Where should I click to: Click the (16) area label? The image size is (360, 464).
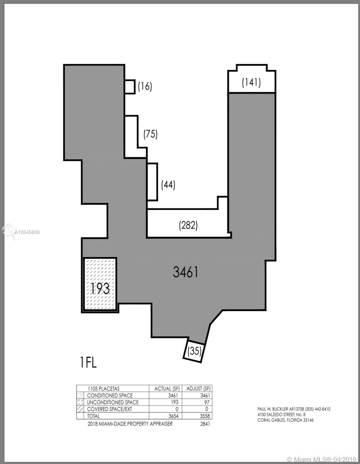click(145, 87)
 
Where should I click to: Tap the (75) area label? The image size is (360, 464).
click(150, 134)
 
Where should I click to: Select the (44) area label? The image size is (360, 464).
click(168, 185)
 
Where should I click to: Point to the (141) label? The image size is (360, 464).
click(251, 82)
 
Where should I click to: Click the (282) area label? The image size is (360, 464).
click(188, 225)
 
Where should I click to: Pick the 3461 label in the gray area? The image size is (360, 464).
click(186, 272)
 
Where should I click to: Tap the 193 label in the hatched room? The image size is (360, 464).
click(100, 288)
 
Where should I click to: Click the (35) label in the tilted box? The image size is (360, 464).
click(195, 351)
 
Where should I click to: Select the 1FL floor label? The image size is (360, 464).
click(89, 363)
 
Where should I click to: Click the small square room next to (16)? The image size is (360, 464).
click(130, 87)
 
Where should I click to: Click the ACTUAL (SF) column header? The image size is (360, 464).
click(167, 389)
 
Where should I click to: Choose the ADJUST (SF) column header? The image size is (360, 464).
click(199, 389)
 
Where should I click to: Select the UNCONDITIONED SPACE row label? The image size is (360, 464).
click(113, 403)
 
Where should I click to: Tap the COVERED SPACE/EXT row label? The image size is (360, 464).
click(109, 409)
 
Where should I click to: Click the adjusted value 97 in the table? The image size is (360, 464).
click(207, 403)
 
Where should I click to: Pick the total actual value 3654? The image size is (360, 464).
click(173, 416)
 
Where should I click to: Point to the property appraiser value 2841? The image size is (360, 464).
click(205, 424)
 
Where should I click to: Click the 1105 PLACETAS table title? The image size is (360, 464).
click(104, 389)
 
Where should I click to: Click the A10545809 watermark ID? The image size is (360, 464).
click(27, 232)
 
